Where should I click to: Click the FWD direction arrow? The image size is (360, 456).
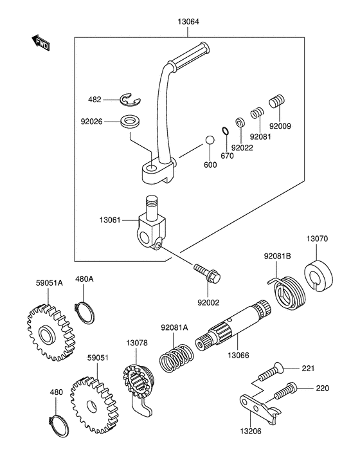[40, 42]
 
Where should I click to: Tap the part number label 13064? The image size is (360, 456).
[188, 21]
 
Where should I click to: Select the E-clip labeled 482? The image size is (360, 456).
[130, 99]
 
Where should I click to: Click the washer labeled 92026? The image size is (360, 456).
[130, 121]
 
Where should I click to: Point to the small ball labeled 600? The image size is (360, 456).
[210, 140]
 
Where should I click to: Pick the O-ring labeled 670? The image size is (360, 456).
[225, 131]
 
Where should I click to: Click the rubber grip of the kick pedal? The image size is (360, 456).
[189, 57]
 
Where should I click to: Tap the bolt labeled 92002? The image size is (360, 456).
[208, 273]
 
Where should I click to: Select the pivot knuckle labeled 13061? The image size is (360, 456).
[152, 223]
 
